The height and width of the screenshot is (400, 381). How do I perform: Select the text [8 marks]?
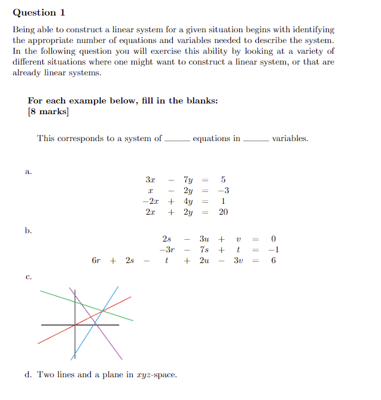tap(48, 112)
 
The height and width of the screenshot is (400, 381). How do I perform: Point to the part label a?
tap(28, 172)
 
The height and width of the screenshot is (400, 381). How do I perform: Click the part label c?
tap(28, 277)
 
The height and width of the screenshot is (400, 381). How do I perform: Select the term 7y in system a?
tap(188, 180)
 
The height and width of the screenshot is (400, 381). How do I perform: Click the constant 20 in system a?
tap(223, 212)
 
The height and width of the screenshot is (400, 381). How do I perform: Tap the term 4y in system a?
tap(188, 201)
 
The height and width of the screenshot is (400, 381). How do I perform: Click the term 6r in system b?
tap(96, 261)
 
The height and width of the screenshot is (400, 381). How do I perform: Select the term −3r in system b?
tap(167, 250)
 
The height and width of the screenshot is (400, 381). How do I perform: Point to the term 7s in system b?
tap(204, 250)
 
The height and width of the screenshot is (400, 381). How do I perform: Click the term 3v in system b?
tap(238, 261)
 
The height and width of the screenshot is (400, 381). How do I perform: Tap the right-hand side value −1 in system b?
tap(273, 250)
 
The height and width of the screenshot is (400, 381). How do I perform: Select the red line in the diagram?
tap(54, 335)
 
